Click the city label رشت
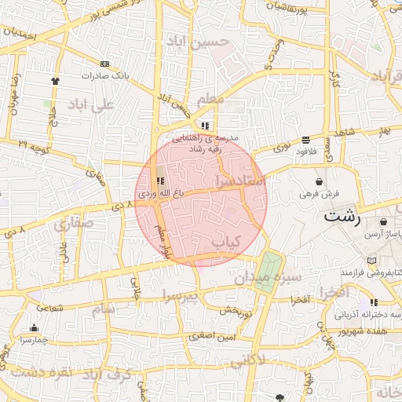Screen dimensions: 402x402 pyautogui.click(x=342, y=217)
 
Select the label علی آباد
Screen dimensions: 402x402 pyautogui.click(x=92, y=104)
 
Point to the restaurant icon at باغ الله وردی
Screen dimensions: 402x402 pyautogui.click(x=161, y=181)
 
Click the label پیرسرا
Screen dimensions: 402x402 pyautogui.click(x=183, y=294)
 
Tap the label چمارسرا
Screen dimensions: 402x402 pyautogui.click(x=34, y=340)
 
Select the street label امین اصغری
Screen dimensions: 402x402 pyautogui.click(x=210, y=336)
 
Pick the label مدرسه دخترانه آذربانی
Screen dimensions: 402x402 pyautogui.click(x=368, y=314)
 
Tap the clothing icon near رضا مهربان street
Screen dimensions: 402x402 pyautogui.click(x=55, y=80)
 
